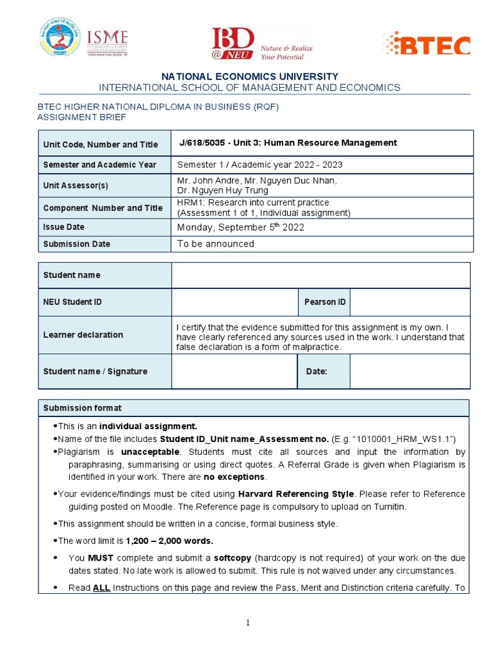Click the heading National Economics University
(250, 76)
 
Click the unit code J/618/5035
(202, 143)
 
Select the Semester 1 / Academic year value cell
(260, 165)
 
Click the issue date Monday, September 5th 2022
(241, 227)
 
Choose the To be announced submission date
(216, 244)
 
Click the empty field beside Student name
(320, 275)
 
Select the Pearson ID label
(324, 302)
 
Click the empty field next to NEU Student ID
(234, 302)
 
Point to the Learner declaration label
(83, 334)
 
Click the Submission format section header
(82, 408)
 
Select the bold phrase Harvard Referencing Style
(295, 494)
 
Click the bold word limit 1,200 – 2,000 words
(169, 541)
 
